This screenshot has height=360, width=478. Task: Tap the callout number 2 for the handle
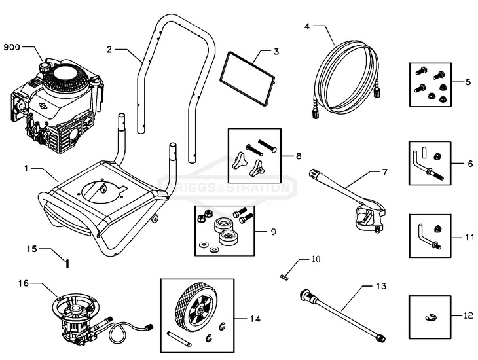(109, 48)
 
